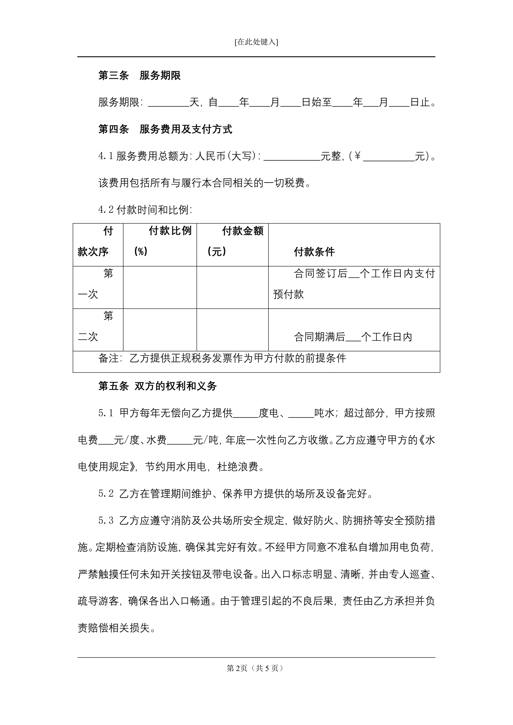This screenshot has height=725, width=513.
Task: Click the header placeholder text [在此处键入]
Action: point(256,42)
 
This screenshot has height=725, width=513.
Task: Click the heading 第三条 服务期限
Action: point(139,76)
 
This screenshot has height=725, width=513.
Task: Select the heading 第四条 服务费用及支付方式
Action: point(165,129)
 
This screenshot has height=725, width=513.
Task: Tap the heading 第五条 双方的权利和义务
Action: point(157,386)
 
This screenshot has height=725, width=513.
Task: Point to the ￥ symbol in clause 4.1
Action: point(357,156)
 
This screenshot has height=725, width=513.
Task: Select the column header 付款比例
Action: point(170,231)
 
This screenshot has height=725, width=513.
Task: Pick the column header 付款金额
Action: point(242,231)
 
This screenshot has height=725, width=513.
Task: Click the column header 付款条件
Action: point(314,252)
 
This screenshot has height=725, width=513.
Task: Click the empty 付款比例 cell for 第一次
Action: point(160,287)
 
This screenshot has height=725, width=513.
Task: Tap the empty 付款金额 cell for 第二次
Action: point(233,330)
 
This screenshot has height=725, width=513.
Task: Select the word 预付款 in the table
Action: point(289,294)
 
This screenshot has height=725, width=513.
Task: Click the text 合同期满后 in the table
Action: point(319,337)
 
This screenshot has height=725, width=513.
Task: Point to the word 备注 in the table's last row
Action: point(109,358)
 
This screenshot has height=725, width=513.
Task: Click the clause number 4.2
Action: point(106,210)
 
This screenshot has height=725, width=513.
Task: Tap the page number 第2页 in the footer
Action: point(237,668)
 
